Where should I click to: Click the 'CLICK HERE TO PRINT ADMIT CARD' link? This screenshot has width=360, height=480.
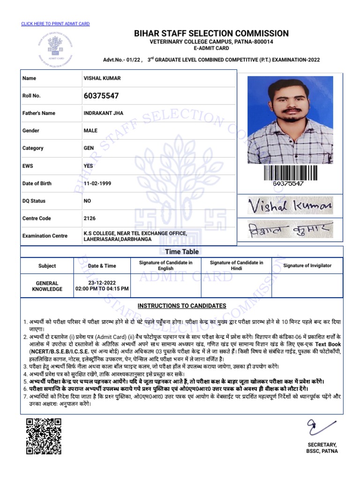click(x=55, y=23)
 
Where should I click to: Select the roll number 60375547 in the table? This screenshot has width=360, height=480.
click(x=101, y=96)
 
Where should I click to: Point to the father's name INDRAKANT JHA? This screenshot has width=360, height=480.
click(x=103, y=113)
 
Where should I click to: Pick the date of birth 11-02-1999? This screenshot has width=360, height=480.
click(x=97, y=183)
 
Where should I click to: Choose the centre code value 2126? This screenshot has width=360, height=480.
click(x=90, y=218)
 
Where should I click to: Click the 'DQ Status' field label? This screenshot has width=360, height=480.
click(x=34, y=201)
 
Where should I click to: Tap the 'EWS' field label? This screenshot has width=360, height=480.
click(x=28, y=166)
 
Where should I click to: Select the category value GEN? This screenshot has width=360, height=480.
click(x=89, y=148)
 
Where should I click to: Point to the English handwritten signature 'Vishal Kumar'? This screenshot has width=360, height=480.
click(x=290, y=205)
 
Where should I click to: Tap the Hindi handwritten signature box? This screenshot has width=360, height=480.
click(x=290, y=230)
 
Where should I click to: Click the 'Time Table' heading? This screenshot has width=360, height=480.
click(x=181, y=252)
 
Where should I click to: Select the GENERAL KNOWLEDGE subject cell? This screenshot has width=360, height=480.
click(x=47, y=286)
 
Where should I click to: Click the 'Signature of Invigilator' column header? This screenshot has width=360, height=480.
click(x=307, y=266)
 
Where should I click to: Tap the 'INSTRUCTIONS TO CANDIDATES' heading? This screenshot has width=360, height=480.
click(x=181, y=306)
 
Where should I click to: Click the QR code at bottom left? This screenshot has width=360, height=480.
click(x=44, y=436)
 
